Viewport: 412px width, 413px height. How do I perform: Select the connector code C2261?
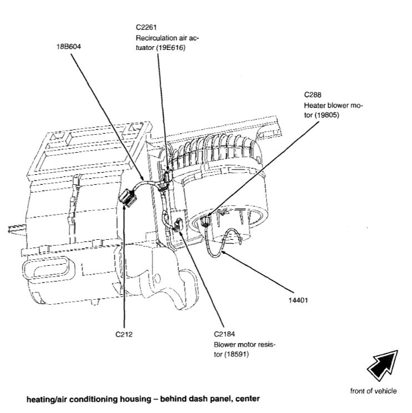coord(145,26)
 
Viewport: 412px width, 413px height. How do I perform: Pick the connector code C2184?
coord(224,335)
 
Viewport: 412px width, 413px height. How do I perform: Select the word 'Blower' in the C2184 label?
coord(224,345)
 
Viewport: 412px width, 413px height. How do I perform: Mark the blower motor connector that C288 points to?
coord(208,222)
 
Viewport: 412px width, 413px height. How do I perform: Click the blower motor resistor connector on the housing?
coord(178,225)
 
